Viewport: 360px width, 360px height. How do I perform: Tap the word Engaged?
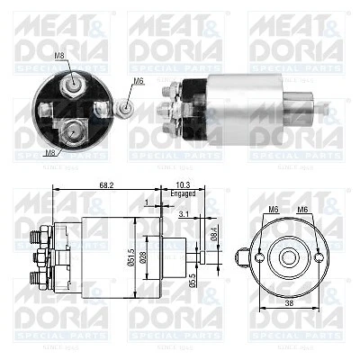(x=182, y=193)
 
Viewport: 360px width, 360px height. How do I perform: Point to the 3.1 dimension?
(x=183, y=214)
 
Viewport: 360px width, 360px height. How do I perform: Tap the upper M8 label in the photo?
(x=59, y=57)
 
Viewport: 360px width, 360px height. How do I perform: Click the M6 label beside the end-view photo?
(x=139, y=81)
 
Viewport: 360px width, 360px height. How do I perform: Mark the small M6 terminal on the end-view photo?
(x=127, y=109)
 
